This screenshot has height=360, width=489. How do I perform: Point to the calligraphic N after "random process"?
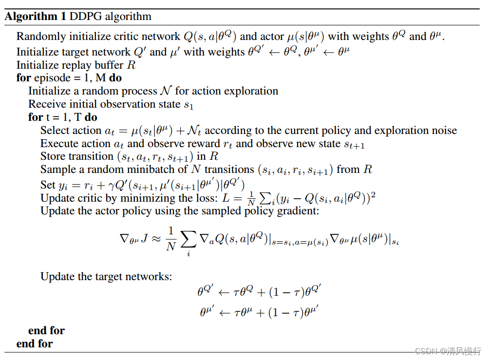pos(166,91)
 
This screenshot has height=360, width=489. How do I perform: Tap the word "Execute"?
pos(59,144)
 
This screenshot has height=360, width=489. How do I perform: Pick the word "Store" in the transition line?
pos(53,156)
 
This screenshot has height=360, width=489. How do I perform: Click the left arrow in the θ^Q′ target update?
pos(225,293)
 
